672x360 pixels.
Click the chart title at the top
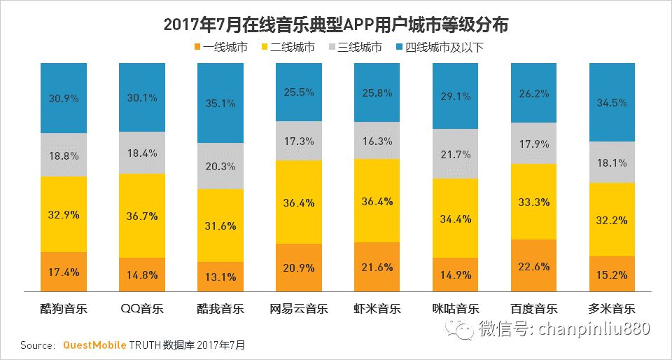coord(336,25)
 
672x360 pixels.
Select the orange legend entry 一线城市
coord(220,48)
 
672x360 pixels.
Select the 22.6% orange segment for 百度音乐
coord(534,265)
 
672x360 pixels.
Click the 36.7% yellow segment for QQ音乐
coord(142,216)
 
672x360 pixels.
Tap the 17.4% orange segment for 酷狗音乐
coord(64,272)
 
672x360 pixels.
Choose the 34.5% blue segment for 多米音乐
coord(612,102)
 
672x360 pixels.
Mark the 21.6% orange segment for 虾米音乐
coord(377,267)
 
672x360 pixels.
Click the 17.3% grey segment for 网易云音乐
coord(299,141)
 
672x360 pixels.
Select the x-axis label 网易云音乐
coord(299,309)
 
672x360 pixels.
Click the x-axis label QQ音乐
coord(142,309)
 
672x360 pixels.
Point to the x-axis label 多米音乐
coord(612,309)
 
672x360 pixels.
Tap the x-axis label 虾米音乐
coord(377,309)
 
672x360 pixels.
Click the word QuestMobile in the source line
coord(94,345)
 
